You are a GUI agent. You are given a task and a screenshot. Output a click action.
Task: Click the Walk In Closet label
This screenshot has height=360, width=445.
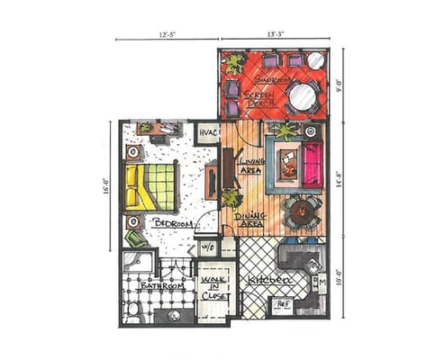coord(214,279)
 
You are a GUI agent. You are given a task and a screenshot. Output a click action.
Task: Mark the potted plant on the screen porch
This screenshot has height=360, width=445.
coord(233,64)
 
